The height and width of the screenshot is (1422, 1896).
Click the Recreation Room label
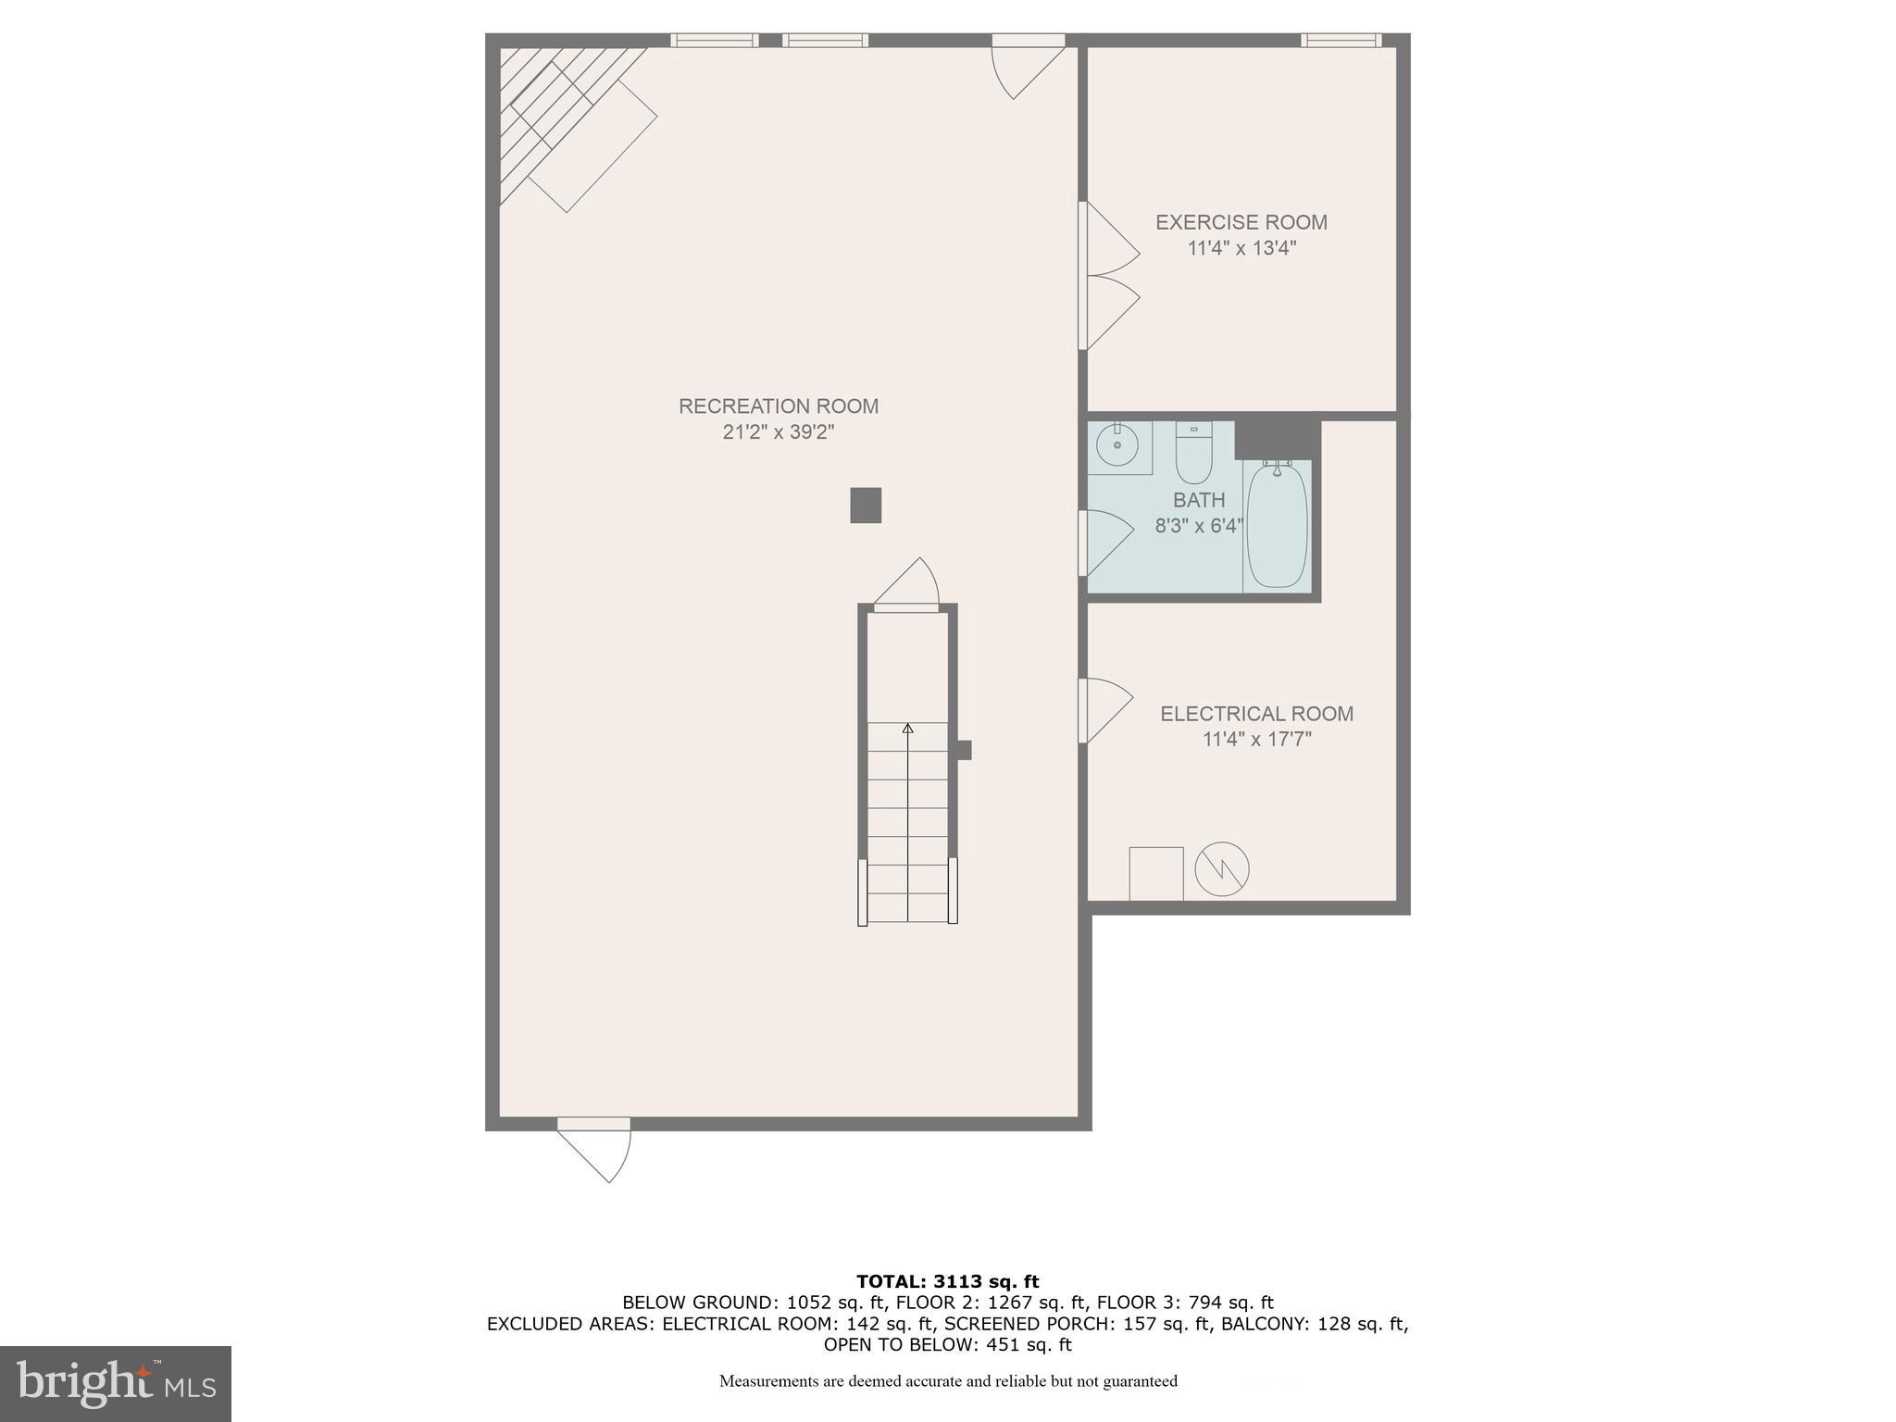778,405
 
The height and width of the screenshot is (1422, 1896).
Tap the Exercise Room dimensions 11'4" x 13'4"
1241,248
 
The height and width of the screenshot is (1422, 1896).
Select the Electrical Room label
1256,714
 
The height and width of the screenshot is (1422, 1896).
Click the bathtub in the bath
1277,525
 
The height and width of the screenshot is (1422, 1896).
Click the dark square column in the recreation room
866,505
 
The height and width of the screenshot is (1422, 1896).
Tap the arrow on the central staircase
907,730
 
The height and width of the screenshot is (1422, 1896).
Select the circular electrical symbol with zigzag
1222,869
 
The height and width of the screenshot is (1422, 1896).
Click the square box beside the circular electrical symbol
1155,873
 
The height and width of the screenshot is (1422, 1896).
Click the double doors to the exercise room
1109,276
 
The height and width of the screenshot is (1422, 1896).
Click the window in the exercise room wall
1341,40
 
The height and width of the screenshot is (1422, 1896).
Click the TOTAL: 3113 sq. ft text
947,1282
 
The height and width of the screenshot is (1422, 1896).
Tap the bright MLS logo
116,1383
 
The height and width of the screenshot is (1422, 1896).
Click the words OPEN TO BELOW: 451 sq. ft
947,1344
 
